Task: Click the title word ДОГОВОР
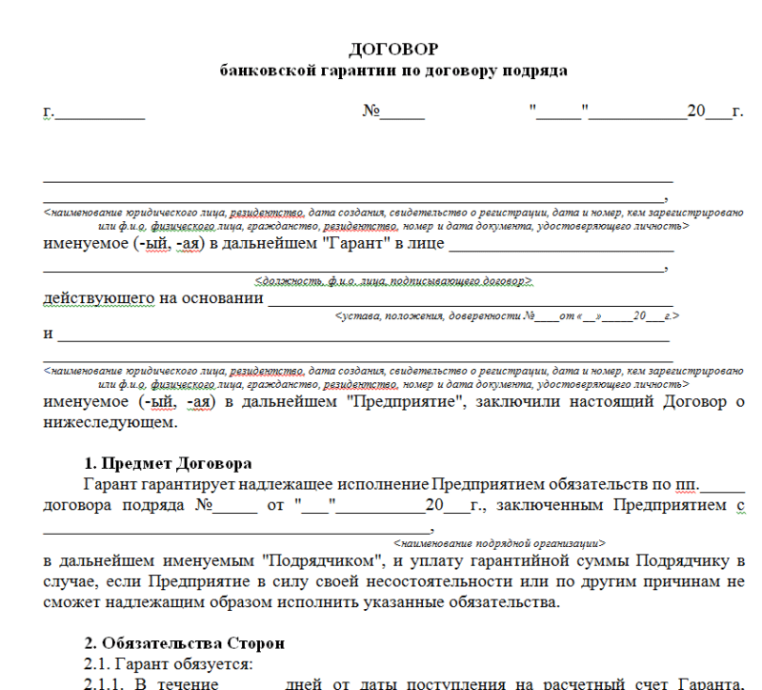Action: click(394, 49)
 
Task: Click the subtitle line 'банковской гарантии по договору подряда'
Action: click(393, 70)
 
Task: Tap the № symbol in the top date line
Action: click(371, 112)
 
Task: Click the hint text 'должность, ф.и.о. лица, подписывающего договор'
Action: click(393, 282)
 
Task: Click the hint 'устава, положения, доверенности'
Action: click(427, 315)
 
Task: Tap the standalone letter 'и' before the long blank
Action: click(48, 335)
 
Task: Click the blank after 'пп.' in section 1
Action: click(720, 486)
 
